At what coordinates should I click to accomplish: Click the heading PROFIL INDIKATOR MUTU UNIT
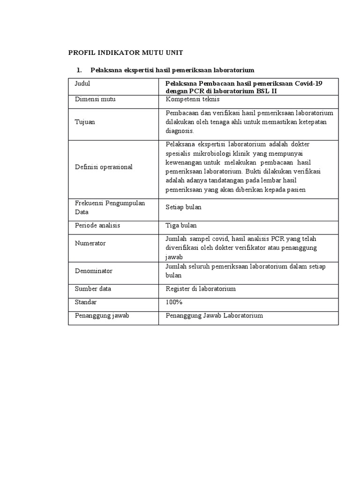[x=126, y=52]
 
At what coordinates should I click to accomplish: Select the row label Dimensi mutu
[x=95, y=99]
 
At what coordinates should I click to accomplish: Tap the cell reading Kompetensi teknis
[x=192, y=99]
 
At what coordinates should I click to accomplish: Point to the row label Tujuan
[x=84, y=122]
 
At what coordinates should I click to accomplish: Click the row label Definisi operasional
[x=104, y=167]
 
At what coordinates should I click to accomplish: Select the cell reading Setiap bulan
[x=184, y=207]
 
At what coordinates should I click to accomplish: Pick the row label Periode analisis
[x=97, y=225]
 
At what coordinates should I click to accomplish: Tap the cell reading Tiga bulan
[x=181, y=225]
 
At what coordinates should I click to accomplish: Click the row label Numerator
[x=90, y=243]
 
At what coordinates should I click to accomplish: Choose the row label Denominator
[x=94, y=271]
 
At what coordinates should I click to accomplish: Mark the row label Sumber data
[x=93, y=289]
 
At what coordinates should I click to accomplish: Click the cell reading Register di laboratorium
[x=201, y=289]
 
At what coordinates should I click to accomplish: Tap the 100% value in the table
[x=174, y=302]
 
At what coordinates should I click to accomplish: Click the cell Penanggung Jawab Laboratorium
[x=214, y=315]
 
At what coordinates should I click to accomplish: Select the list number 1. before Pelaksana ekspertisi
[x=79, y=70]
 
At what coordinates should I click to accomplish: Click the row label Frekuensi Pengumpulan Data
[x=110, y=207]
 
